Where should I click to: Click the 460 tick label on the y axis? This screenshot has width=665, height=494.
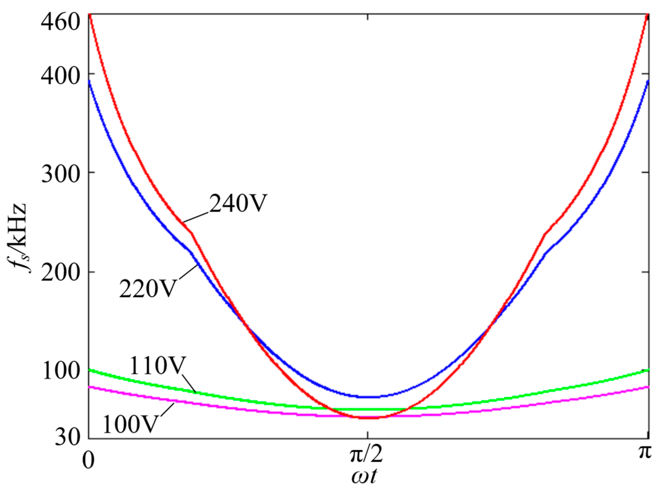click(60, 22)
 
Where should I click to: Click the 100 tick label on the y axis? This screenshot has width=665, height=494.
click(60, 371)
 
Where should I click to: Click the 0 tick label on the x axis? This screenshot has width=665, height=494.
click(88, 460)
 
